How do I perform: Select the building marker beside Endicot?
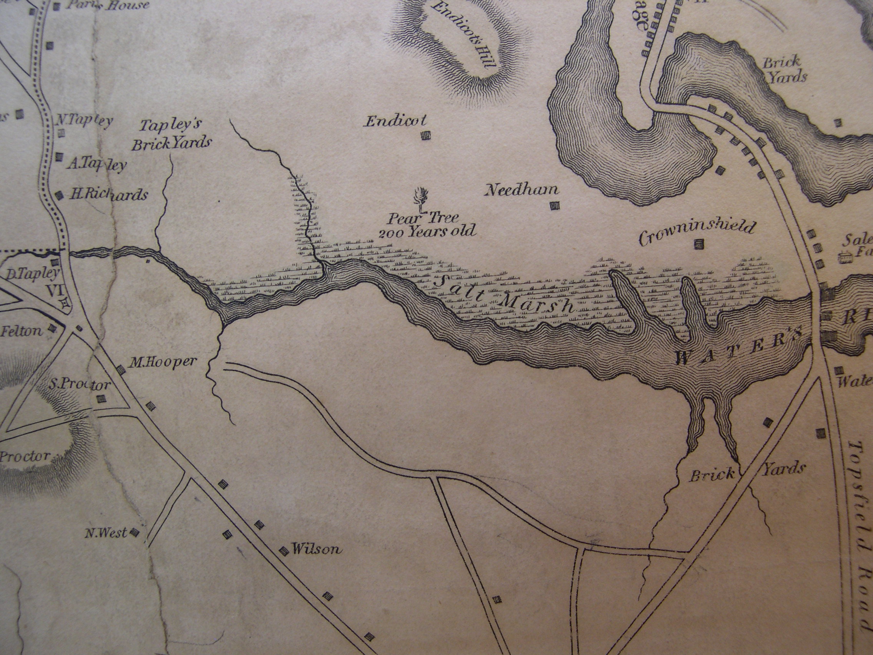click(425, 136)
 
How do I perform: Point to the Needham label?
click(522, 190)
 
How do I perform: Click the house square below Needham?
click(555, 206)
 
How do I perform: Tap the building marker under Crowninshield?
click(699, 245)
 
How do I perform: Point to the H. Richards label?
click(109, 194)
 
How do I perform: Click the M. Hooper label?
click(163, 362)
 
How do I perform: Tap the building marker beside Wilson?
click(283, 551)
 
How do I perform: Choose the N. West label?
click(106, 533)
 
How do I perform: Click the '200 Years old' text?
click(427, 231)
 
